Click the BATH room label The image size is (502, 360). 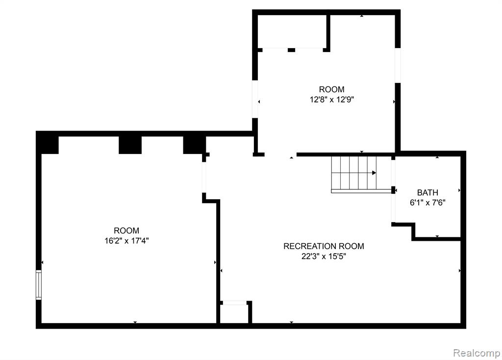pyautogui.click(x=427, y=192)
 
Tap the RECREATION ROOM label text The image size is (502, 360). pyautogui.click(x=324, y=246)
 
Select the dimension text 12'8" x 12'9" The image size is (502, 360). pyautogui.click(x=332, y=100)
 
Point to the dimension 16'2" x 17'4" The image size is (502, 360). pyautogui.click(x=126, y=240)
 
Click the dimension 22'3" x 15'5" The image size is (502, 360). pyautogui.click(x=324, y=257)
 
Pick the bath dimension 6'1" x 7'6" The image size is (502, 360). pyautogui.click(x=427, y=203)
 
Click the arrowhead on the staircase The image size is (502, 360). pyautogui.click(x=374, y=173)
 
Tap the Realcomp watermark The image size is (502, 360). pyautogui.click(x=477, y=353)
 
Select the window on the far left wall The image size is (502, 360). pyautogui.click(x=38, y=285)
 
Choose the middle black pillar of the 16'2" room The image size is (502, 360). pyautogui.click(x=130, y=145)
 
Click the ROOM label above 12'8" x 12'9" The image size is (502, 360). pyautogui.click(x=332, y=89)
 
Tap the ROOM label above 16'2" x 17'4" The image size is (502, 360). pyautogui.click(x=126, y=231)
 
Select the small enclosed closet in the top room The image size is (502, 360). pyautogui.click(x=292, y=31)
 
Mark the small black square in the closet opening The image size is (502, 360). pyautogui.click(x=291, y=50)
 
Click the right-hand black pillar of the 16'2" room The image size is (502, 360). pyautogui.click(x=194, y=145)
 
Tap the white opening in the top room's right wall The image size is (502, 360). pyautogui.click(x=398, y=66)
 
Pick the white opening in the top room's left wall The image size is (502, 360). pyautogui.click(x=255, y=99)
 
